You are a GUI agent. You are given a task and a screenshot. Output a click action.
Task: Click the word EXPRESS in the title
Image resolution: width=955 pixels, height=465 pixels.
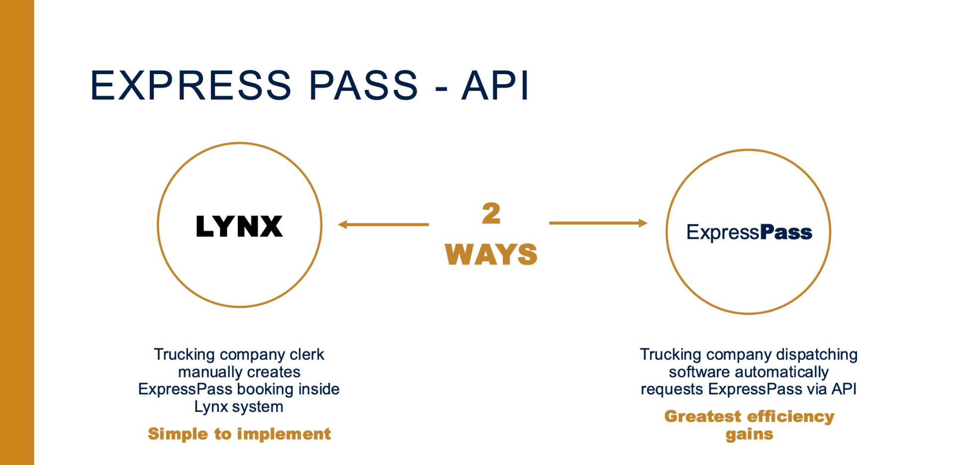(x=191, y=85)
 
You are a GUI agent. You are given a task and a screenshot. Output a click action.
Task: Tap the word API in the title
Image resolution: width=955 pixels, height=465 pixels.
(x=495, y=85)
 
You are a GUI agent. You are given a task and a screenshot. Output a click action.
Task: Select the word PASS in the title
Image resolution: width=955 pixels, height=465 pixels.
(x=363, y=85)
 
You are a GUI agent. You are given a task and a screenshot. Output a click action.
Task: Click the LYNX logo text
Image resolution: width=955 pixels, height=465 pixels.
(x=239, y=227)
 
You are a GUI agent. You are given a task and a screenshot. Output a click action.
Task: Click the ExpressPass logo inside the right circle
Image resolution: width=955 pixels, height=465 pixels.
(x=749, y=232)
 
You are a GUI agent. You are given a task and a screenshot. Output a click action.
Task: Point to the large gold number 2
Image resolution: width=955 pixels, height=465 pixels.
(x=491, y=214)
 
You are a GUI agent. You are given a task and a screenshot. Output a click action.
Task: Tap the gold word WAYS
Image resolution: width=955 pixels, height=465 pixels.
(x=491, y=254)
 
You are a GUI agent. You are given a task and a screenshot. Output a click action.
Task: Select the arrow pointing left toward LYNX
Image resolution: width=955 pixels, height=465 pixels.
(x=383, y=225)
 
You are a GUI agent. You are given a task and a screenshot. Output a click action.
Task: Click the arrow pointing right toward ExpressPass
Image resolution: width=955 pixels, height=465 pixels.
(x=598, y=223)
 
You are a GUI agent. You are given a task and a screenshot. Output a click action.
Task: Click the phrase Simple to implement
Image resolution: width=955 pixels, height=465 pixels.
(x=239, y=434)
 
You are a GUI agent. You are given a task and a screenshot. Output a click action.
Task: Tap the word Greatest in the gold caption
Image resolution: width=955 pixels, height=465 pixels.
(x=702, y=416)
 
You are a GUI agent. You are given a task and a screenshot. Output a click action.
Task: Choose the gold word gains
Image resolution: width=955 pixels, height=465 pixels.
(x=749, y=434)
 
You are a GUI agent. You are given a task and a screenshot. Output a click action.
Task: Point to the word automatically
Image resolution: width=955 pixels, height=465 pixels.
(x=781, y=372)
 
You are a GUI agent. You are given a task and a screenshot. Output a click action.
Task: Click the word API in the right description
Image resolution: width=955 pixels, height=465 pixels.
(x=844, y=389)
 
